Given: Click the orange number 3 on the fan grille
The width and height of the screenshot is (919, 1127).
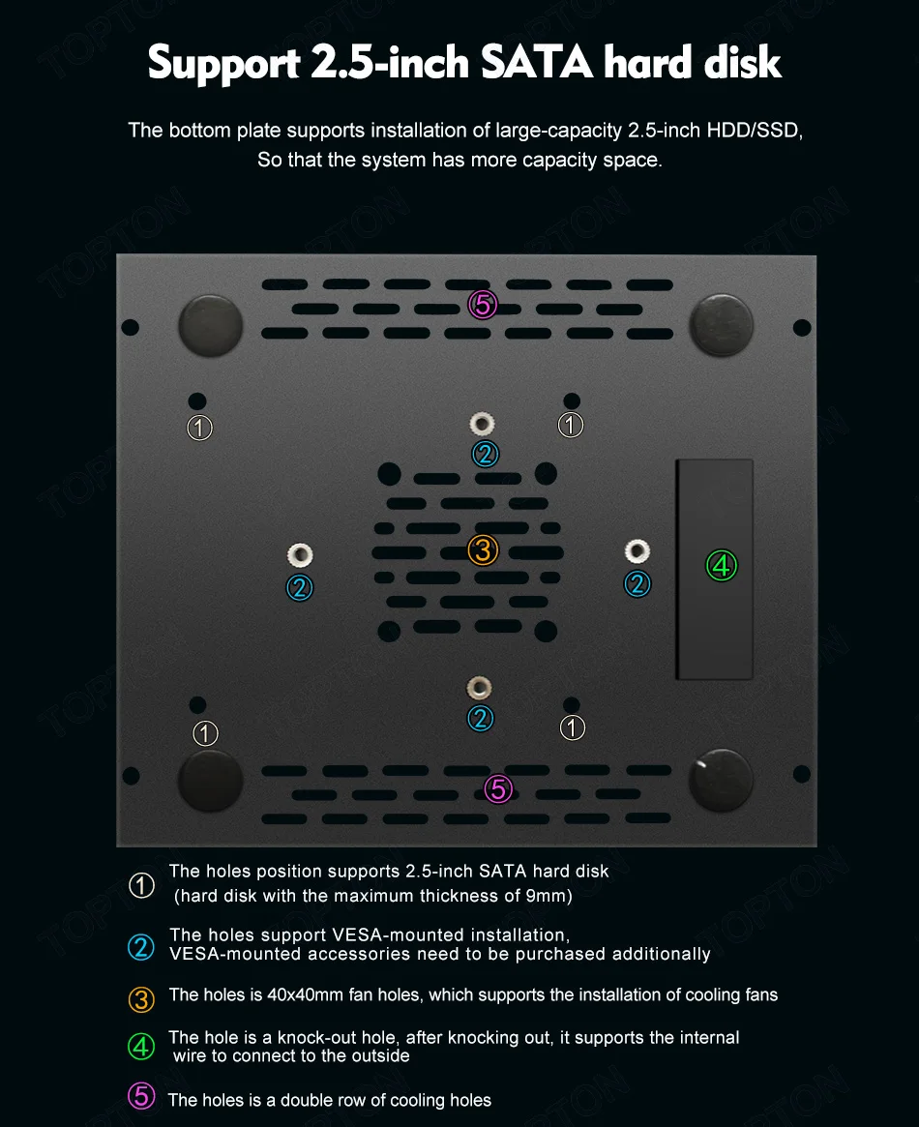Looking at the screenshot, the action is tap(483, 550).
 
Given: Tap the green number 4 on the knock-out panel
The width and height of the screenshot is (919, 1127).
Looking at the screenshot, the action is tap(721, 565).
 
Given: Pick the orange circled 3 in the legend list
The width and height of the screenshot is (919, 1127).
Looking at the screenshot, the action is tap(141, 998).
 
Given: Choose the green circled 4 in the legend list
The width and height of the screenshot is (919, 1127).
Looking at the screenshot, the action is tap(141, 1046).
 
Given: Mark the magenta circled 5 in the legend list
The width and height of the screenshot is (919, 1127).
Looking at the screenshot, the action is tap(141, 1096).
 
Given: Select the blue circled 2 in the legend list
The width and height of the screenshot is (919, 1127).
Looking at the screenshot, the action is tap(141, 947).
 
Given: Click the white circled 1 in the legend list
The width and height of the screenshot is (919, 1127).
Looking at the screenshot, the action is tap(141, 885).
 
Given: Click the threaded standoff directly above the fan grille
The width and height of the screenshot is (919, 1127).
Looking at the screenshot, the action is tap(483, 423).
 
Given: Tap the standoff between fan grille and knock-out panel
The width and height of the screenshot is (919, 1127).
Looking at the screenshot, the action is tap(637, 551).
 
